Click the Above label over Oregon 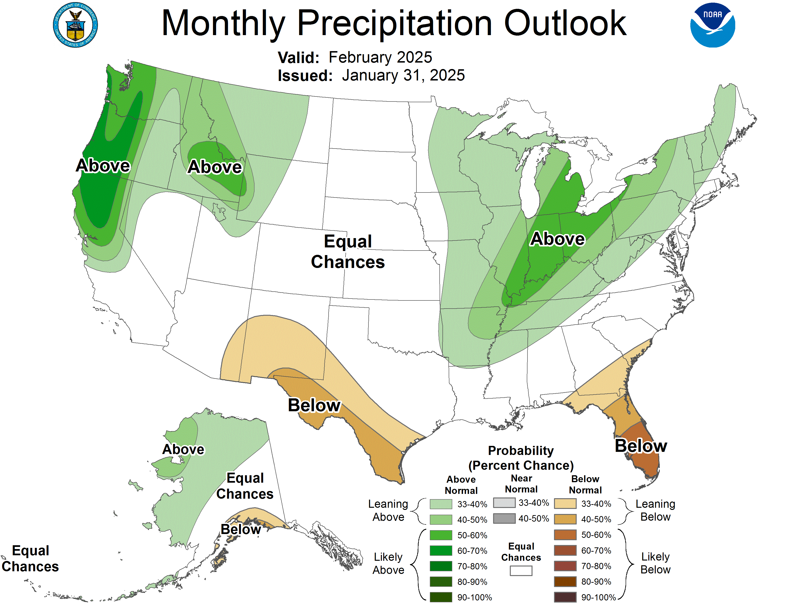[x=103, y=166]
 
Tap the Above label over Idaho [x=215, y=167]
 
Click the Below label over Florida [x=641, y=446]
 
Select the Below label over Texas [x=314, y=405]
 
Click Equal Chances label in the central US [x=348, y=251]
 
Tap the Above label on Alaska [x=183, y=449]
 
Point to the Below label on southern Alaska [x=241, y=529]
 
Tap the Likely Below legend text [x=655, y=563]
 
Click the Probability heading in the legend [x=521, y=451]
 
